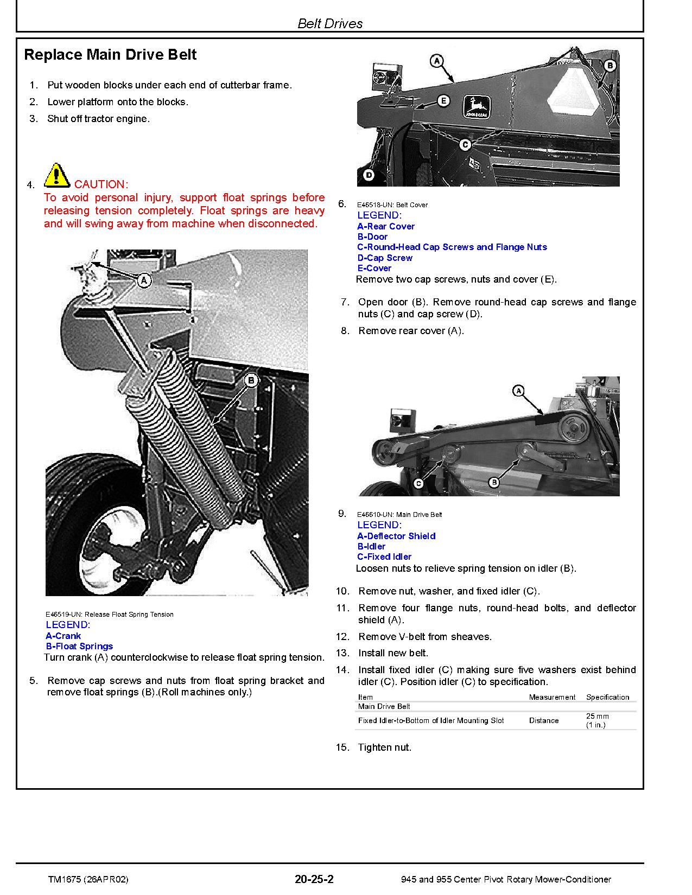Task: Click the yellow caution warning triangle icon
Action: [56, 175]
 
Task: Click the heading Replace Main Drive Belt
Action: [110, 55]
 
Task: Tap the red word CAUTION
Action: [101, 184]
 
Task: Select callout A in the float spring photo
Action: [144, 280]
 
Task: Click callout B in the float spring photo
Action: [251, 381]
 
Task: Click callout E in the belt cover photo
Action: [443, 101]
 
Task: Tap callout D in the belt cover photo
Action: [369, 175]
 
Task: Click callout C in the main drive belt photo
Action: [418, 483]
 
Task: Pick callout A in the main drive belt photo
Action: [518, 391]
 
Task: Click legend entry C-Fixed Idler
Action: [384, 557]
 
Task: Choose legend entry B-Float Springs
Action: [79, 646]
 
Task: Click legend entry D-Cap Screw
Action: [385, 258]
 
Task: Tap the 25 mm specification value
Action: [598, 716]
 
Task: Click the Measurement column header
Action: [552, 697]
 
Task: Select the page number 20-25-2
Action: [314, 879]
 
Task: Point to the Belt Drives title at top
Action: [330, 23]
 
